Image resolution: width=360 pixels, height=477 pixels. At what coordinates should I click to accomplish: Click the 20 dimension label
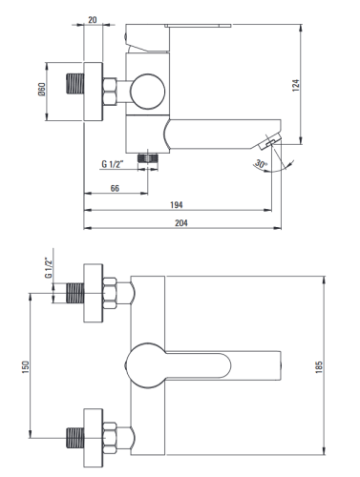pos(93,20)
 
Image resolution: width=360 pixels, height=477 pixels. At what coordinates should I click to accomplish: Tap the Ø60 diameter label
pos(42,89)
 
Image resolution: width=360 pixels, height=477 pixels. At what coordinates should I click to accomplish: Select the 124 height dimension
pos(296,86)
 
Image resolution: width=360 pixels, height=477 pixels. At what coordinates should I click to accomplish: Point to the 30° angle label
pos(261,164)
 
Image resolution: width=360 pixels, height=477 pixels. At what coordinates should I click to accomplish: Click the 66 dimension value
pos(115,188)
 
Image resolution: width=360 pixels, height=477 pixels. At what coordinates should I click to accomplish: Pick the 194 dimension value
pos(177,205)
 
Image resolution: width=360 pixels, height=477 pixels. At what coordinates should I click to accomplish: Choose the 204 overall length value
pos(181,223)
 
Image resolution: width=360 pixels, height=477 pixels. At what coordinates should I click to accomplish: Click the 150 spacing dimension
pos(26,367)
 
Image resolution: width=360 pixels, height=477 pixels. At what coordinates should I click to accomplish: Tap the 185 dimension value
pos(319,367)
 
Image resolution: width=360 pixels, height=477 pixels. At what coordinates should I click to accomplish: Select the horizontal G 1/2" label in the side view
pos(113,164)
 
